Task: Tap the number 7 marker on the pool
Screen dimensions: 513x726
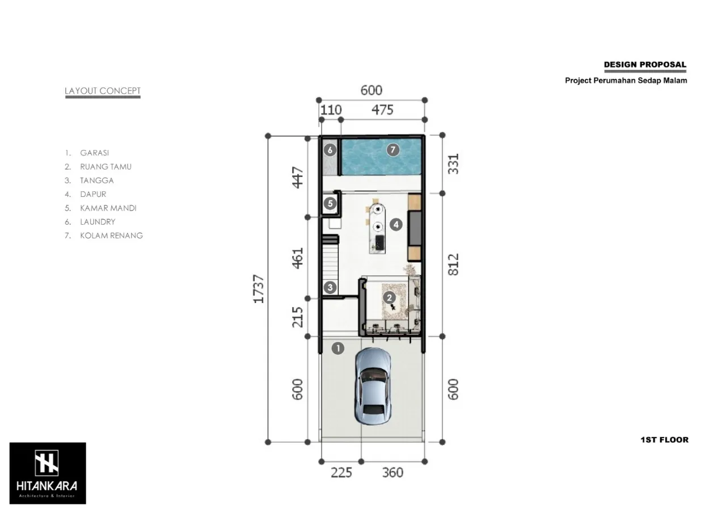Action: pos(392,150)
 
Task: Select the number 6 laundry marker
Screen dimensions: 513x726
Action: pos(330,150)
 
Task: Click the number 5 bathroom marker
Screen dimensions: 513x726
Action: pos(330,203)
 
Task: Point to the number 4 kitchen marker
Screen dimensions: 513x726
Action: pos(396,225)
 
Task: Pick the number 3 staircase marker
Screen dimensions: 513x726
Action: pos(330,288)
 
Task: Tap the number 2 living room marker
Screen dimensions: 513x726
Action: pos(389,297)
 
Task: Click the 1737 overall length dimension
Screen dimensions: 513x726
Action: pos(259,289)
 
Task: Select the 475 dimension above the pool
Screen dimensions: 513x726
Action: pos(382,110)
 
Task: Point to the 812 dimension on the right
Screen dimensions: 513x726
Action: pos(453,264)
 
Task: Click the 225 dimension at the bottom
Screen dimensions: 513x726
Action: pos(341,472)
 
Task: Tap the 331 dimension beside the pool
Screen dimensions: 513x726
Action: pos(453,163)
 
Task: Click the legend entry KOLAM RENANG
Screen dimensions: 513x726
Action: pos(111,236)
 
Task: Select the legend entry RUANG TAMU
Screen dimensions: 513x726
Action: pos(105,167)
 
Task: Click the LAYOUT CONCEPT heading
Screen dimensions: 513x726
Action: pos(103,91)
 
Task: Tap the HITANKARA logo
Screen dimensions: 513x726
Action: pos(48,473)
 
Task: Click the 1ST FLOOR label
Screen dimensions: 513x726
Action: pos(664,440)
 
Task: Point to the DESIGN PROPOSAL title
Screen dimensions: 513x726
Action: pos(645,65)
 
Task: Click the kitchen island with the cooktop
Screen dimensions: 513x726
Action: pos(377,226)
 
